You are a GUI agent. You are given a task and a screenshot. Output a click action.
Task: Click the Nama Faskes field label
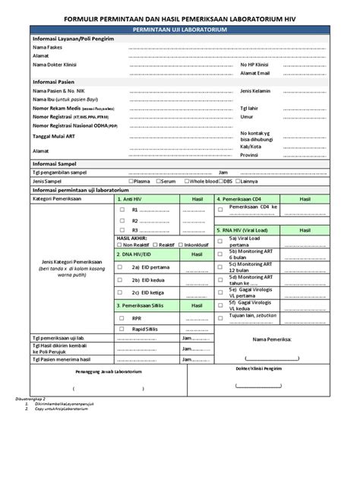[49, 47]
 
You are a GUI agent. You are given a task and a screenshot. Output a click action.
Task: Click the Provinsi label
[250, 155]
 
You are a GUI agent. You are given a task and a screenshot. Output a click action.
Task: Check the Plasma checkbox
[131, 182]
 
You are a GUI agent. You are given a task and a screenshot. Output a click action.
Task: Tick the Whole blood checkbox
[186, 182]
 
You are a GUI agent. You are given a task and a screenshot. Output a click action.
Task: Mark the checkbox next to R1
[122, 210]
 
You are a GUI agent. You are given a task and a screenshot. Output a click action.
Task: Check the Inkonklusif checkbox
[182, 245]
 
